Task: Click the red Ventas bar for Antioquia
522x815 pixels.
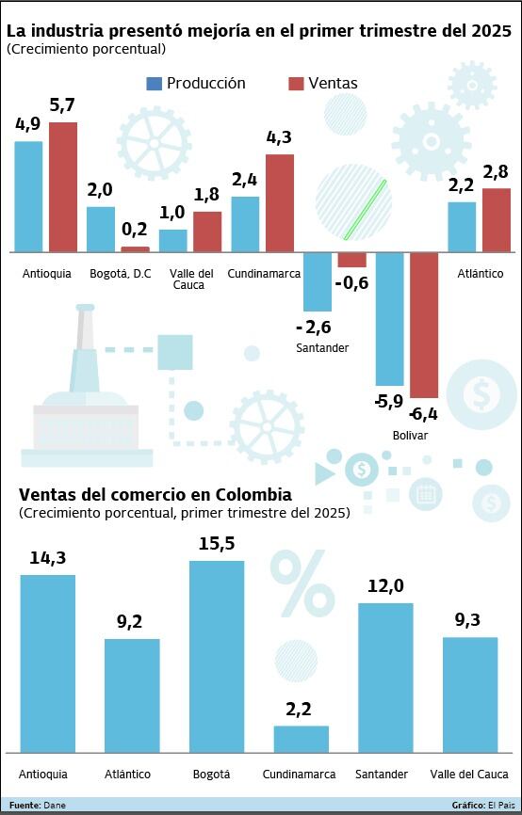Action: (x=63, y=187)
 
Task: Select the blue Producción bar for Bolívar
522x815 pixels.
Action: (x=389, y=319)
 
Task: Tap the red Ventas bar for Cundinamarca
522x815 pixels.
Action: (x=280, y=203)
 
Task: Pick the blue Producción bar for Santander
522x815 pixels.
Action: (x=318, y=282)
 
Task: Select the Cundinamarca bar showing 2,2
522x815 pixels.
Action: (x=301, y=739)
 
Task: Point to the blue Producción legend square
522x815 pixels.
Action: (x=154, y=84)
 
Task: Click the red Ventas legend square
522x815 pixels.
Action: (x=296, y=84)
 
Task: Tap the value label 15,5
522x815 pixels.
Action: (x=217, y=544)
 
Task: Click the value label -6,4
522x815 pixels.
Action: (x=423, y=414)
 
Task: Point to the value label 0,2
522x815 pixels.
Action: (x=135, y=229)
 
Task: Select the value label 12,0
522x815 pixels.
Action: (x=385, y=586)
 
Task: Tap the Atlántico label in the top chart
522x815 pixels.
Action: (x=481, y=274)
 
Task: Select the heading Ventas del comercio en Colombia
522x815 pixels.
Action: (x=155, y=495)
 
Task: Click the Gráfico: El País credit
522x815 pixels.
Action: (x=481, y=806)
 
